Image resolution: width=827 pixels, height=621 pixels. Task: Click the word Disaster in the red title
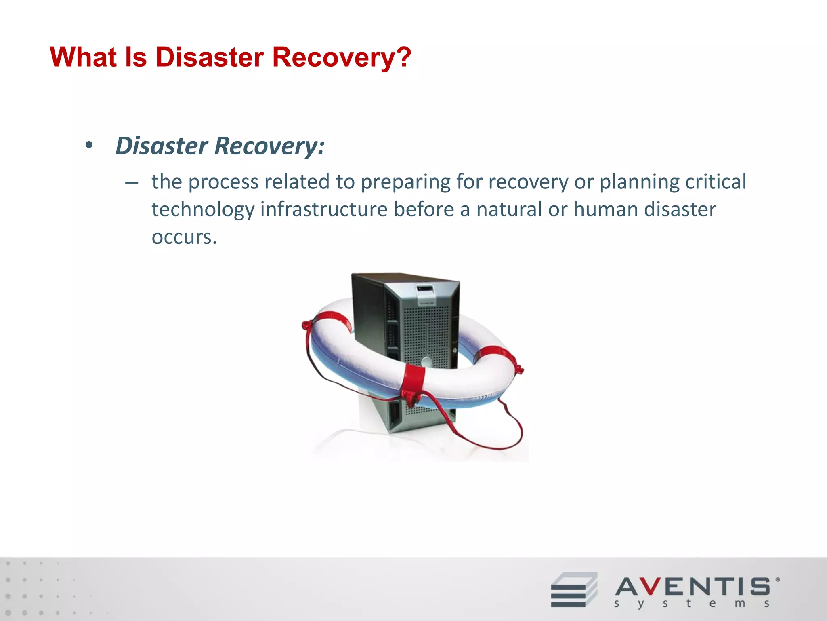tap(210, 57)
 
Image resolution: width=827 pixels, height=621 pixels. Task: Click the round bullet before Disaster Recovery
tap(89, 145)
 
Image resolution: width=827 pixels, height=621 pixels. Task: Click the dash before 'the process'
tap(132, 183)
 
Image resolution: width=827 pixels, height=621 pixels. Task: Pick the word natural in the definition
tap(509, 209)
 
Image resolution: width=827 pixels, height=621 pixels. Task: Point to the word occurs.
tap(184, 237)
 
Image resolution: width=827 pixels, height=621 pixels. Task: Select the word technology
tap(203, 209)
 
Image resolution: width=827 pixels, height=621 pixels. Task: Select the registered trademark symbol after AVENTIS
tap(778, 580)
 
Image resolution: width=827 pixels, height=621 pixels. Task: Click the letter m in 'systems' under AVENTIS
tap(740, 604)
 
